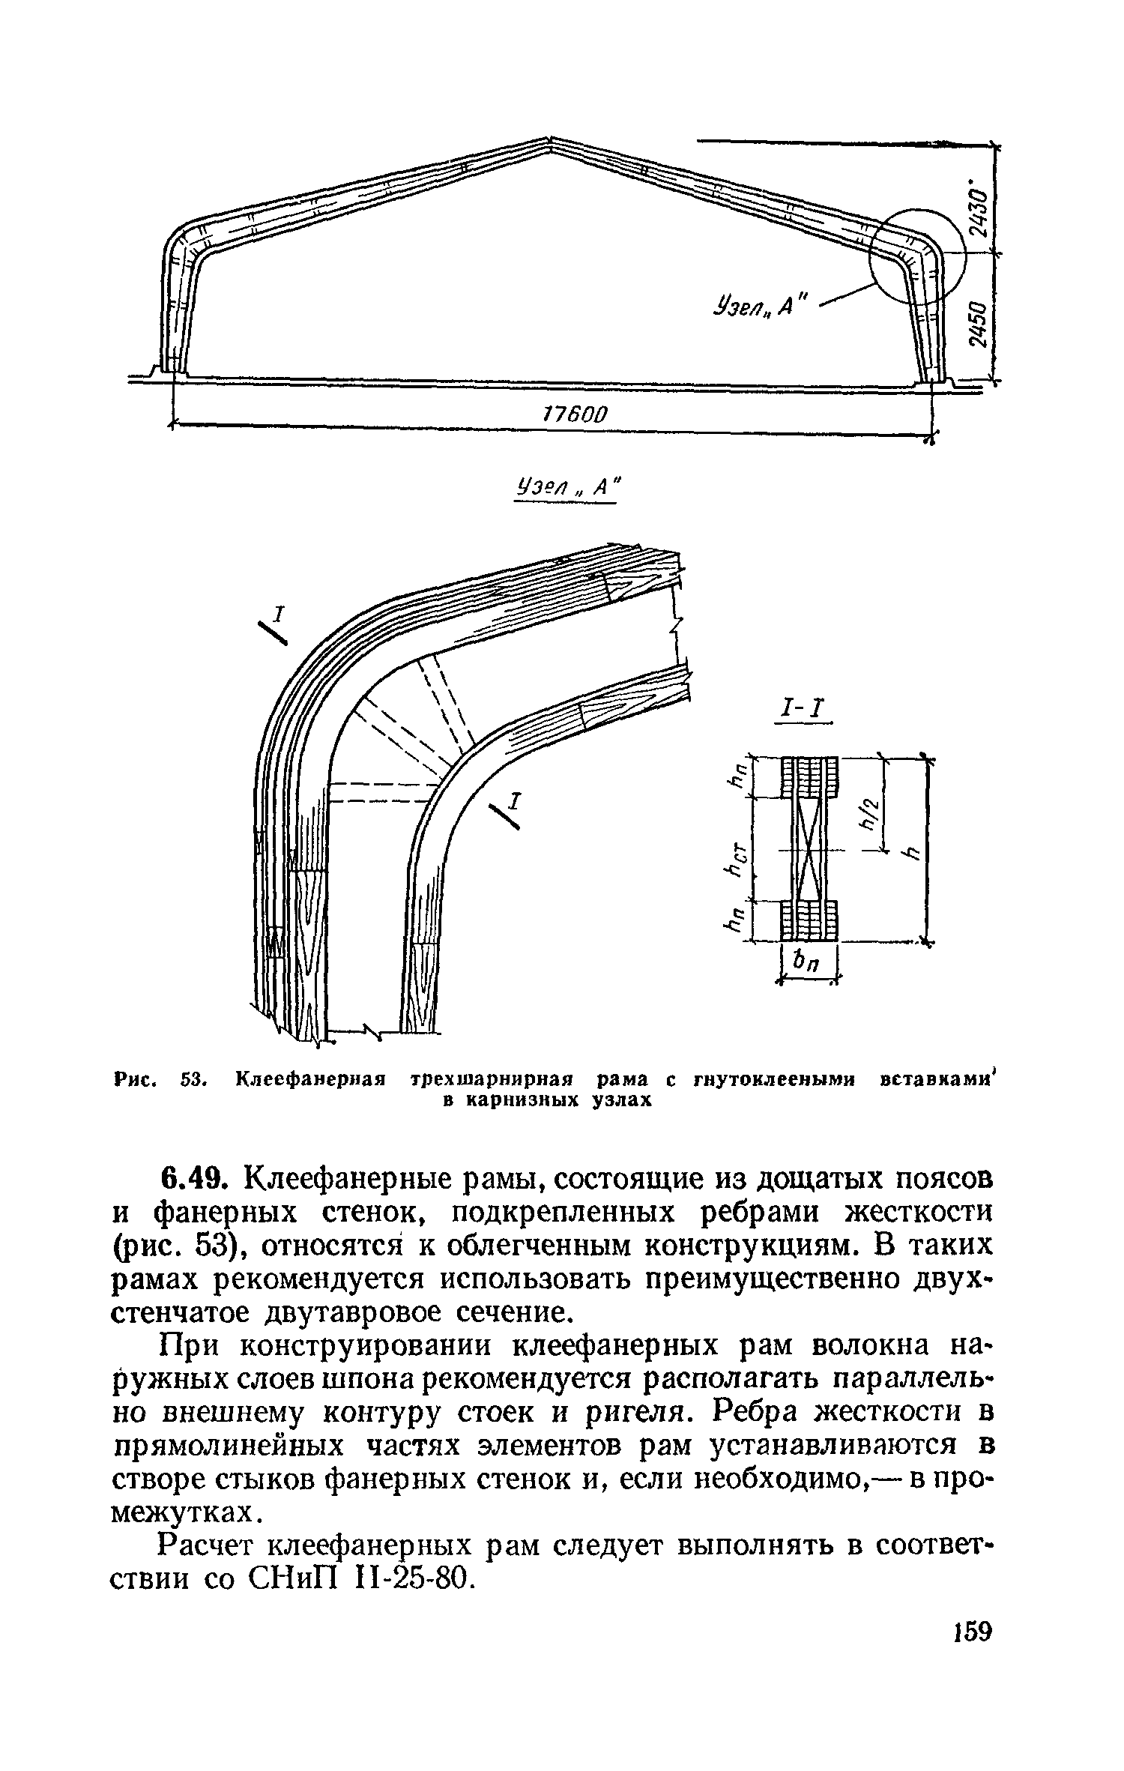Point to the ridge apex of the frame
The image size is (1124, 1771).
551,142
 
